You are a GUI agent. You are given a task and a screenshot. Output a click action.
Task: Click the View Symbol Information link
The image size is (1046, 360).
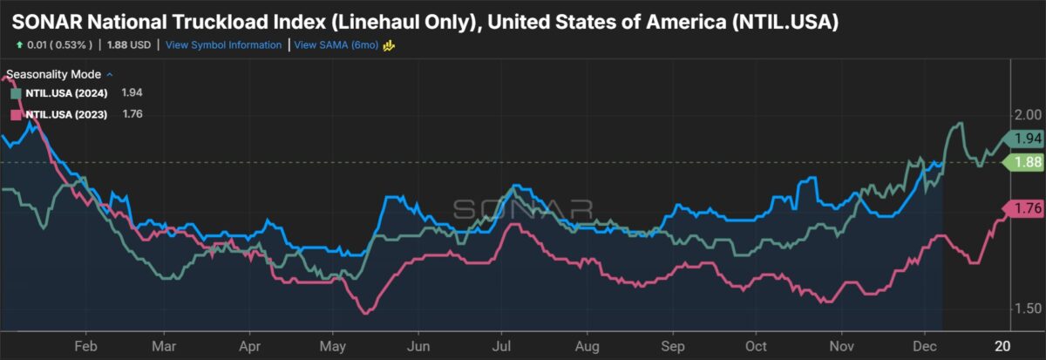tap(224, 45)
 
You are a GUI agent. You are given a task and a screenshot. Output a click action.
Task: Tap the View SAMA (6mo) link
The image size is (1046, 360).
tap(336, 45)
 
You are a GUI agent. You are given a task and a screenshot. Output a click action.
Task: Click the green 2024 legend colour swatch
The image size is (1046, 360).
tap(16, 92)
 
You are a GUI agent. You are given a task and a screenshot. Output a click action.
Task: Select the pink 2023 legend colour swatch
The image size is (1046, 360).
tap(16, 114)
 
